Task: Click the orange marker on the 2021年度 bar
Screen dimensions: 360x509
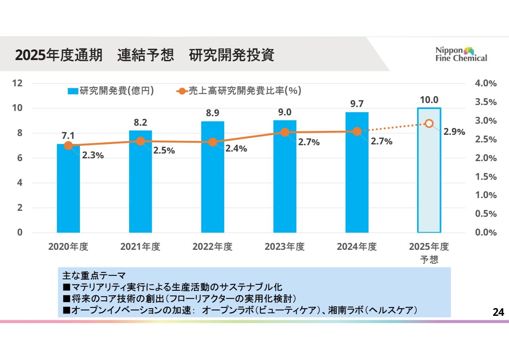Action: click(x=140, y=141)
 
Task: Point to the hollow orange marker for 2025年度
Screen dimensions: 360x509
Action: click(x=429, y=123)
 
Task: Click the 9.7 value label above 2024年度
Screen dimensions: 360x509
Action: click(x=357, y=104)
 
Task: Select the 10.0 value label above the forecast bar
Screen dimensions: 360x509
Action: click(x=429, y=100)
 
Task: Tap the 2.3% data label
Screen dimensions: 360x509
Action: click(x=93, y=156)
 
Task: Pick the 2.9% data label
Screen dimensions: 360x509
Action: click(x=454, y=132)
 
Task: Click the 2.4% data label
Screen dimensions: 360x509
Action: click(x=236, y=149)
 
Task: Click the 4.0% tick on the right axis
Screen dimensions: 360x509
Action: click(x=486, y=83)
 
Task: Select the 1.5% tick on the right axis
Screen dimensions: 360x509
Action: click(x=486, y=177)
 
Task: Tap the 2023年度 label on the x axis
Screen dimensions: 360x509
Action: click(x=284, y=247)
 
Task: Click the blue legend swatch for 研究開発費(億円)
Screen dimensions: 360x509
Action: click(x=73, y=91)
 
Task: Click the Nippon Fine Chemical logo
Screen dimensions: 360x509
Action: click(x=461, y=54)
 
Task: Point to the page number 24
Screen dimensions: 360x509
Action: click(x=498, y=313)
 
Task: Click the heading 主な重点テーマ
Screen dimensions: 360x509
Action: click(x=94, y=275)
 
